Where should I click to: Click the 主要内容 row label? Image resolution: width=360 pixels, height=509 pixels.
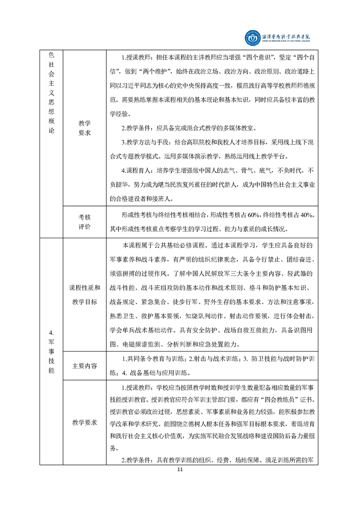pyautogui.click(x=84, y=367)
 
